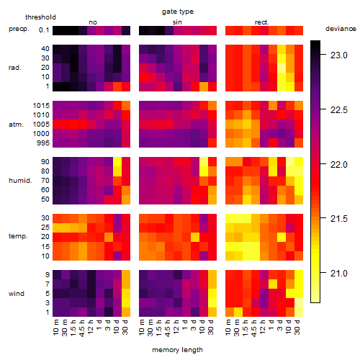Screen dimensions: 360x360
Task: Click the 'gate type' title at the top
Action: point(178,12)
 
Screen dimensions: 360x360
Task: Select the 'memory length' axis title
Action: point(177,350)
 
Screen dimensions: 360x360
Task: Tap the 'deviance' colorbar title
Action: point(341,29)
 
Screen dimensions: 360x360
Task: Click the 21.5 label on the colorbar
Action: point(339,219)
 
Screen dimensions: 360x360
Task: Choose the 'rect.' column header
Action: point(261,22)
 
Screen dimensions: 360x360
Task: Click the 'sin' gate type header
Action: point(177,22)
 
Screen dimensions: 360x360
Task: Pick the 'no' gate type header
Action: point(93,22)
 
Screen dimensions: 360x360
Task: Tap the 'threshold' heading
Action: point(40,17)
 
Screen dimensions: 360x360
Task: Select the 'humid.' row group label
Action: point(20,181)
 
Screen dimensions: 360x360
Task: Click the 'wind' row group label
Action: point(17,294)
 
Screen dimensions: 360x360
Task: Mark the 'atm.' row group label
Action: point(16,125)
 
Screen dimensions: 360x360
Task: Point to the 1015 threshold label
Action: point(41,106)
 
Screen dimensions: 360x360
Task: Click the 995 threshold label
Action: point(43,143)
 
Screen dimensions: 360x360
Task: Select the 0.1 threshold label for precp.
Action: point(44,30)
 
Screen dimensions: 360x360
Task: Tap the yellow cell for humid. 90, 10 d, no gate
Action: point(117,162)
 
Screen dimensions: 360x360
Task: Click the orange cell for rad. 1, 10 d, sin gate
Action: point(204,86)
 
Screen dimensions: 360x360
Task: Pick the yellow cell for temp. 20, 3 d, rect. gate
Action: point(282,238)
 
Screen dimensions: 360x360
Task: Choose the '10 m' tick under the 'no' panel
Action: point(56,327)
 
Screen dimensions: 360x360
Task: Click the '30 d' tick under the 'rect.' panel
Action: point(297,327)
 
